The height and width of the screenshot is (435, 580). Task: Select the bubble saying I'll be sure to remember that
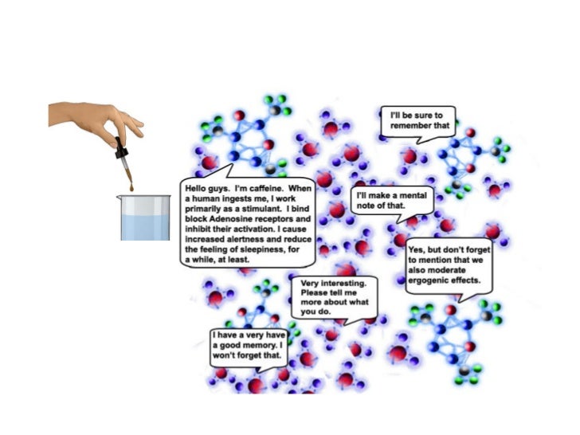click(419, 120)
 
